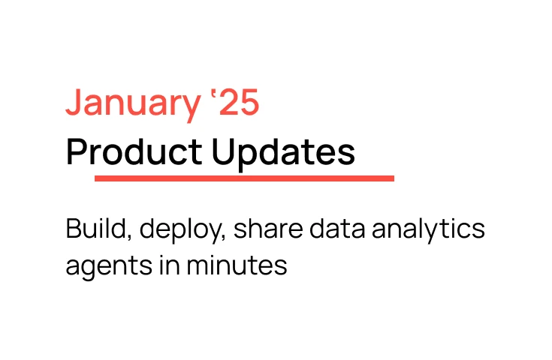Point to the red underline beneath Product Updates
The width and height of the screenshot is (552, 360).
pyautogui.click(x=244, y=178)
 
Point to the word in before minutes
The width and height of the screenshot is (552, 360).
pyautogui.click(x=167, y=265)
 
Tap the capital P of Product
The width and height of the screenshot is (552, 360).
pyautogui.click(x=77, y=153)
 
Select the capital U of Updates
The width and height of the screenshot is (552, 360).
pyautogui.click(x=222, y=153)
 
